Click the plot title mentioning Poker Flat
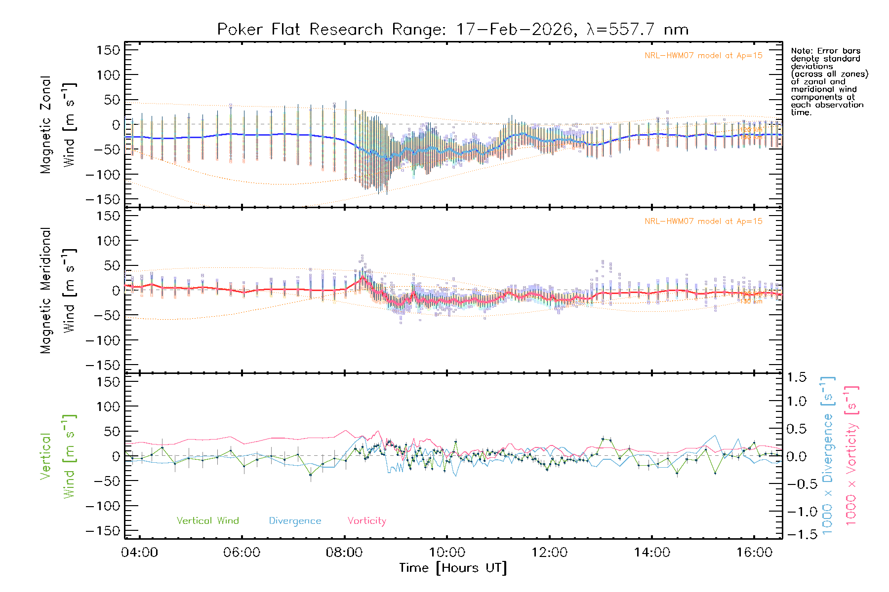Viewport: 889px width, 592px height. point(452,30)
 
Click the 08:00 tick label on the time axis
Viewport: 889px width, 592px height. point(344,553)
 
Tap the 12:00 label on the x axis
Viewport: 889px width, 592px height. point(549,553)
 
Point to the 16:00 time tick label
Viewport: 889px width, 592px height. point(754,553)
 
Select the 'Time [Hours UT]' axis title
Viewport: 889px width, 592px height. point(453,568)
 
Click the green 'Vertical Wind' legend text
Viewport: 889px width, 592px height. point(207,521)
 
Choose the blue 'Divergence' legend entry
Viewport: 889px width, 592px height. point(295,521)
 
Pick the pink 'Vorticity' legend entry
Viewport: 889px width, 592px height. point(366,521)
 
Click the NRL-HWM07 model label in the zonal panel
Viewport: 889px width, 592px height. point(703,56)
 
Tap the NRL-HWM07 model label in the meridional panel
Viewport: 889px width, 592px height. point(703,222)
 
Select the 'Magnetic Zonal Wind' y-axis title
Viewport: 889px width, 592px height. point(58,124)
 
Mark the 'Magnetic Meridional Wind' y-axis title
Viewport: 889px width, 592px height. point(58,291)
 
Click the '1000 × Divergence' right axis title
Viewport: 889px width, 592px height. point(828,455)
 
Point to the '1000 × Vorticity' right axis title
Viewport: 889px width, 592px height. point(851,455)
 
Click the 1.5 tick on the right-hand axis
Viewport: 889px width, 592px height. point(797,377)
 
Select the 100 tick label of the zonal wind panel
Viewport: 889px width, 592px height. point(108,75)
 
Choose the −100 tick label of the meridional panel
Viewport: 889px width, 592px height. point(103,340)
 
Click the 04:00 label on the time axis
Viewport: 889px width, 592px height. point(139,553)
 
